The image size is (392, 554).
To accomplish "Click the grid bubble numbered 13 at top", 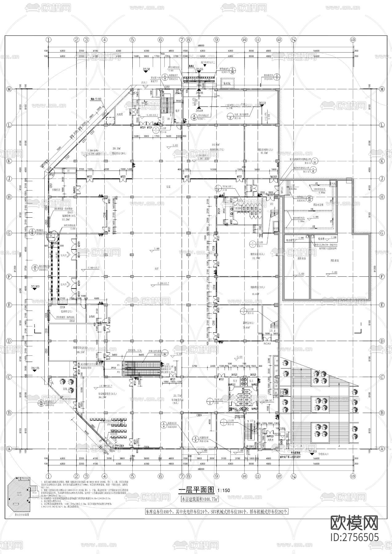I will (353, 39).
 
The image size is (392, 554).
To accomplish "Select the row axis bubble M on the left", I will (9, 89).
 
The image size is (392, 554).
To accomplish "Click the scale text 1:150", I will (224, 490).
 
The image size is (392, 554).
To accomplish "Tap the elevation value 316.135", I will (35, 368).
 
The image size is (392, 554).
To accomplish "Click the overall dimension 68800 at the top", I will (201, 45).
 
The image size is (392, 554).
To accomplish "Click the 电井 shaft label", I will (177, 110).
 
